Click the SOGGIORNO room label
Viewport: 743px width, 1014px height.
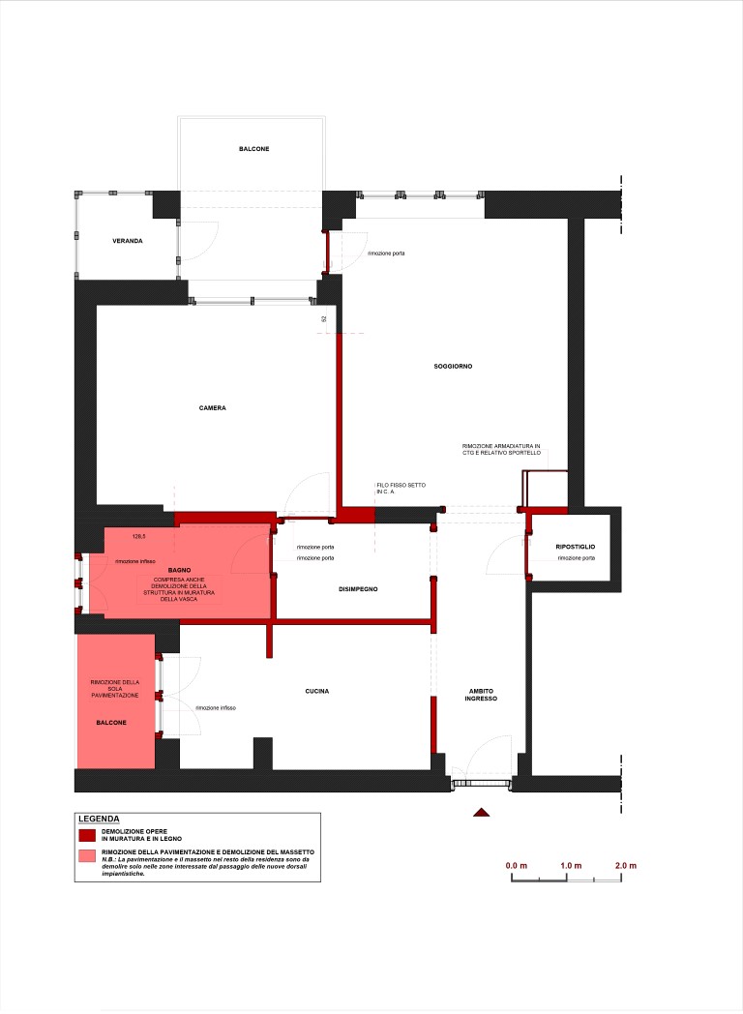pyautogui.click(x=453, y=366)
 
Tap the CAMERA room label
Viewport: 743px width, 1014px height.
pyautogui.click(x=212, y=408)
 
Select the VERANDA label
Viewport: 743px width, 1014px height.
pyautogui.click(x=128, y=241)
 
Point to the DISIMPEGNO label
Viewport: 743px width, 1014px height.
pyautogui.click(x=358, y=589)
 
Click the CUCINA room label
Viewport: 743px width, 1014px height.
pyautogui.click(x=317, y=691)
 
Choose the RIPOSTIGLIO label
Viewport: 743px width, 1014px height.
pyautogui.click(x=575, y=547)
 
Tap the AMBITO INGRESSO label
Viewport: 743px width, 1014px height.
pyautogui.click(x=481, y=695)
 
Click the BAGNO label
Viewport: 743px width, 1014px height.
pyautogui.click(x=179, y=571)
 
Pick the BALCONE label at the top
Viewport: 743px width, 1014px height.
pyautogui.click(x=254, y=149)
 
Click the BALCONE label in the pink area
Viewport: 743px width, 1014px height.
pyautogui.click(x=111, y=723)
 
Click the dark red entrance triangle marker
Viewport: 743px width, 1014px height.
pyautogui.click(x=481, y=812)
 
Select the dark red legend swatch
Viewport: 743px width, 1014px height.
pyautogui.click(x=87, y=835)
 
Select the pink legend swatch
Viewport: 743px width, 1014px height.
pyautogui.click(x=87, y=855)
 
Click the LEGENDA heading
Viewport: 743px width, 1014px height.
pyautogui.click(x=99, y=819)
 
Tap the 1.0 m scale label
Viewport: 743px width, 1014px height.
pyautogui.click(x=571, y=865)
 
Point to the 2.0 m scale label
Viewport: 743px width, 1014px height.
pyautogui.click(x=625, y=865)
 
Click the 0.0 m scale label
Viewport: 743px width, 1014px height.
pyautogui.click(x=516, y=865)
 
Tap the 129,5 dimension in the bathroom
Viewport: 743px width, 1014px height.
pyautogui.click(x=138, y=536)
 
